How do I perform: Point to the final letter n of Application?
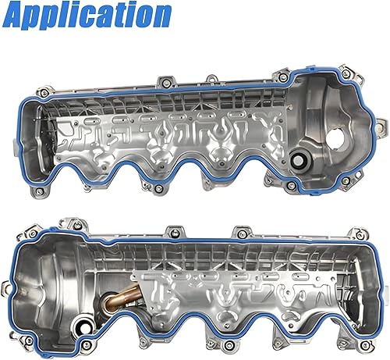(x=160, y=16)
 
